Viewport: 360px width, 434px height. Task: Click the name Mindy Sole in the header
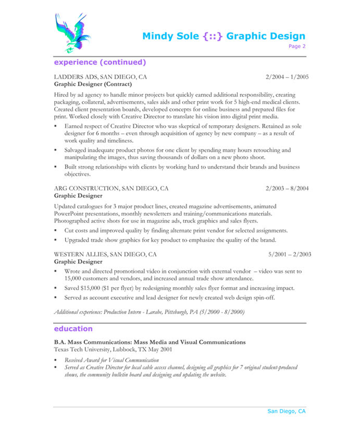click(x=170, y=36)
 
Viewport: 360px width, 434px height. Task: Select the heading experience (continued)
click(x=100, y=62)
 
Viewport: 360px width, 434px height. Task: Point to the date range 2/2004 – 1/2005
click(x=287, y=77)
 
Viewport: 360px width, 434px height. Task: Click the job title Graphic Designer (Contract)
click(x=93, y=84)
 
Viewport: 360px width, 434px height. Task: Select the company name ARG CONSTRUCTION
click(x=86, y=188)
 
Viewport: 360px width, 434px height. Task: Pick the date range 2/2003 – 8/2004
click(x=287, y=188)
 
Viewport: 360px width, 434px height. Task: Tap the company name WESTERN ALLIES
click(x=80, y=254)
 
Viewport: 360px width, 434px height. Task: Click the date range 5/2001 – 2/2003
click(x=290, y=254)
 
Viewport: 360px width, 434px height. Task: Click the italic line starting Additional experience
click(x=149, y=312)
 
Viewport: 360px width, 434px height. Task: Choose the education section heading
click(x=73, y=329)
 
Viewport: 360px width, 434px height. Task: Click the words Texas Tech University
click(x=82, y=349)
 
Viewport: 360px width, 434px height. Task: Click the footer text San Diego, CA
click(x=287, y=411)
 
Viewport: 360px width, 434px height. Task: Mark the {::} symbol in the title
click(x=213, y=36)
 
